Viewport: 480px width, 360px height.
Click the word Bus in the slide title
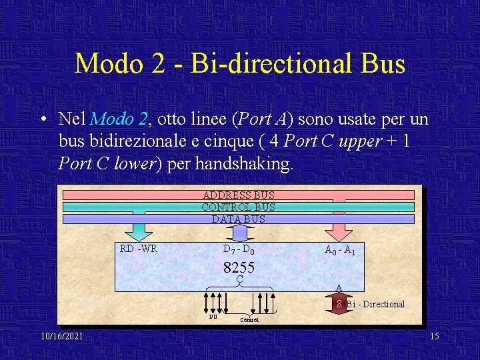381,64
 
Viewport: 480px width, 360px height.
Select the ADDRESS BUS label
238,195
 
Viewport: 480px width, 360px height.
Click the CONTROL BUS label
238,207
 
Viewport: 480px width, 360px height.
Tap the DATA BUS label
238,219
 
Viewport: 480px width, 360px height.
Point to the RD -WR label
139,249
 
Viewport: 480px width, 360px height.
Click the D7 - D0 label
238,251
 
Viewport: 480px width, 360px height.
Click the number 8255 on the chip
239,267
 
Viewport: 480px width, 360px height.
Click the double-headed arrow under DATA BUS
239,233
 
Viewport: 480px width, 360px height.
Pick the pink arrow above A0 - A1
339,230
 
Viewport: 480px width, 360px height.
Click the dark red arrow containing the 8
339,303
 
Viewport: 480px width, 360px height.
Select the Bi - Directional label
375,304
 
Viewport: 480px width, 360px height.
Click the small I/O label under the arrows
213,317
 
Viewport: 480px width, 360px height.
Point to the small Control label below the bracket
249,319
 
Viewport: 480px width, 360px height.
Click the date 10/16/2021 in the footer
61,336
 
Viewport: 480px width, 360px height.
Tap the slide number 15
434,336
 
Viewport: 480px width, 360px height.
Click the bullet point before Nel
42,121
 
